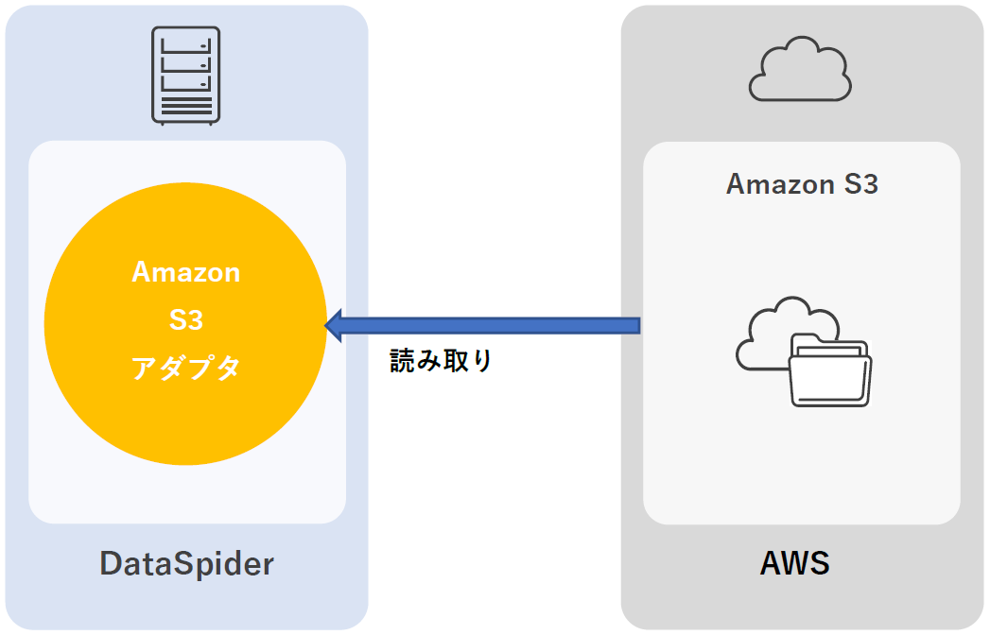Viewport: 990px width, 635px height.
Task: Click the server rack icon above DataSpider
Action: pyautogui.click(x=186, y=77)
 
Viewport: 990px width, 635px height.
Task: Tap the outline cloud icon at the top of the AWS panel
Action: pyautogui.click(x=800, y=70)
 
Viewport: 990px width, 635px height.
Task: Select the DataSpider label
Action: pyautogui.click(x=187, y=564)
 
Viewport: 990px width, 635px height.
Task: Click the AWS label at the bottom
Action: pyautogui.click(x=795, y=564)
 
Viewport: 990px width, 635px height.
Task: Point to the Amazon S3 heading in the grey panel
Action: pyautogui.click(x=802, y=183)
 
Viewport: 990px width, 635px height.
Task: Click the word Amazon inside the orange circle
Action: pyautogui.click(x=186, y=272)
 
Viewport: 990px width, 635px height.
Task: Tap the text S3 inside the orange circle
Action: pyautogui.click(x=186, y=320)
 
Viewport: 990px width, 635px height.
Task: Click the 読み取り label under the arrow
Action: pyautogui.click(x=442, y=360)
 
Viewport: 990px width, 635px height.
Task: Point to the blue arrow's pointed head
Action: pyautogui.click(x=332, y=325)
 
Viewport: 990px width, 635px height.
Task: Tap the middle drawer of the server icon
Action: pyautogui.click(x=186, y=63)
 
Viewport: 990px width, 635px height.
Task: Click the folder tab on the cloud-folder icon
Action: pyautogui.click(x=807, y=340)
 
